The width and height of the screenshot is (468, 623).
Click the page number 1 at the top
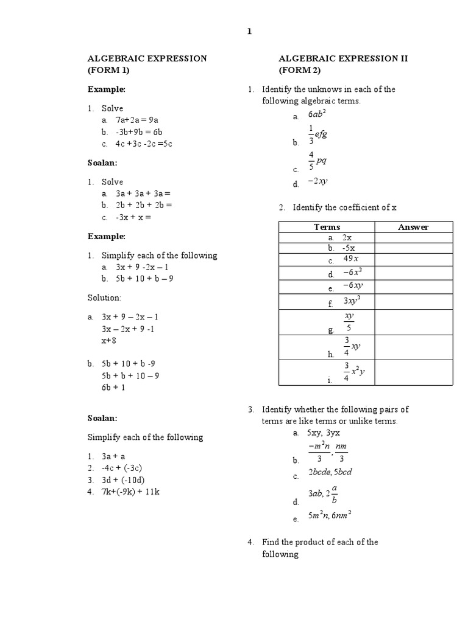pyautogui.click(x=249, y=32)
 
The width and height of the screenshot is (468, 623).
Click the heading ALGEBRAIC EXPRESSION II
pyautogui.click(x=343, y=58)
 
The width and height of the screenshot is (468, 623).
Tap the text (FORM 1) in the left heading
pyautogui.click(x=109, y=70)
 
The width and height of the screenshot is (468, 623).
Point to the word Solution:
pyautogui.click(x=104, y=298)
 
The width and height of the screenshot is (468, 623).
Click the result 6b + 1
pyautogui.click(x=113, y=387)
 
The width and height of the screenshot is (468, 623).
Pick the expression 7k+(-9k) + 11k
pyautogui.click(x=130, y=492)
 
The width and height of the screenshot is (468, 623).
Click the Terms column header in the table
pyautogui.click(x=327, y=227)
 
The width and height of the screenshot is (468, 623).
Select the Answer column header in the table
pyautogui.click(x=413, y=227)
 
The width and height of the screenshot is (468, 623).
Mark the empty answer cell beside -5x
pyautogui.click(x=413, y=248)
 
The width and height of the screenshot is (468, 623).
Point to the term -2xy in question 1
pyautogui.click(x=318, y=181)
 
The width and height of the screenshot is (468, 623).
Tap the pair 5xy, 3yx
pyautogui.click(x=324, y=433)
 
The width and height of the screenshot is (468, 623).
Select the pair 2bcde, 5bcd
pyautogui.click(x=330, y=473)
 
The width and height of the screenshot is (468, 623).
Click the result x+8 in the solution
pyautogui.click(x=110, y=341)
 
